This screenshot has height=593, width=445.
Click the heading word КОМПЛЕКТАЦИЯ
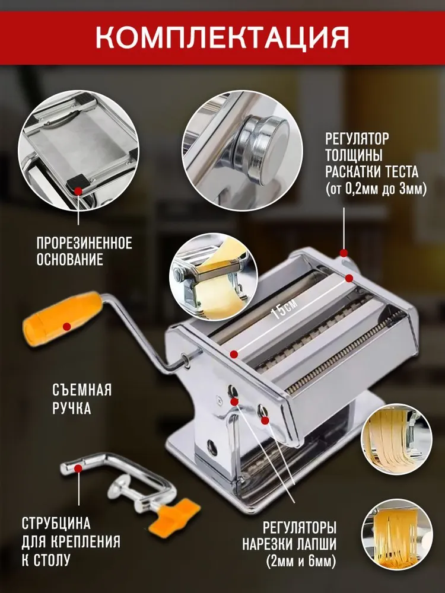[222, 37]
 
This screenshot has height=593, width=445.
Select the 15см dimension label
[285, 308]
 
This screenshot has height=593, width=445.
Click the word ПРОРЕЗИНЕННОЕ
[84, 243]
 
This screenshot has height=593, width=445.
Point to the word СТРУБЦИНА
[56, 524]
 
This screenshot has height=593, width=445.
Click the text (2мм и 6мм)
[301, 561]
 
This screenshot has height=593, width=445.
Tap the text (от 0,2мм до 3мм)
[376, 189]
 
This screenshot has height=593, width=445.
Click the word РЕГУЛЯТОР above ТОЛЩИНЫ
[357, 138]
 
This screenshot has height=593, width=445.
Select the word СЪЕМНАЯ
[82, 390]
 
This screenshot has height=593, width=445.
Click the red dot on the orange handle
[67, 326]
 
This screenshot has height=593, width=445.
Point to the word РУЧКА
[72, 408]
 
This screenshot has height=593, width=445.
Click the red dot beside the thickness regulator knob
[344, 253]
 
